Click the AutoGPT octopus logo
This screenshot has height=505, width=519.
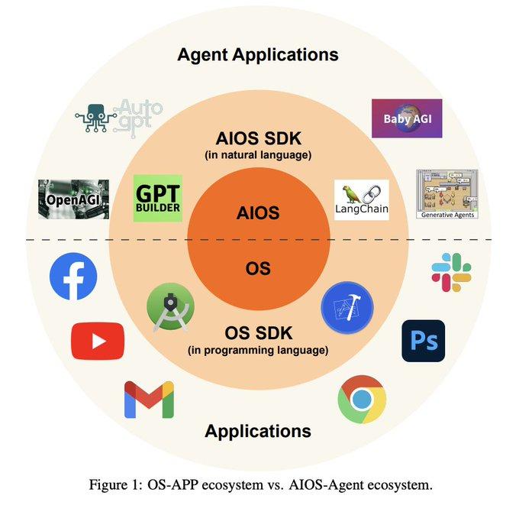[x=118, y=118]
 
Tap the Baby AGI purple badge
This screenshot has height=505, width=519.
[x=407, y=118]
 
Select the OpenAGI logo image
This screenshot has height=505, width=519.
[x=73, y=199]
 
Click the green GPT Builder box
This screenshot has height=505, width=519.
[x=158, y=199]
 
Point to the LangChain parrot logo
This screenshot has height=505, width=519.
[x=362, y=200]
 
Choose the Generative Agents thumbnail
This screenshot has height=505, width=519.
[x=446, y=194]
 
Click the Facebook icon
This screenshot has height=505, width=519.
[x=73, y=277]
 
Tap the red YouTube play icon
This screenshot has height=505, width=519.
[x=98, y=341]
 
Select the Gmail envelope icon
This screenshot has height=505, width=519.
[x=149, y=400]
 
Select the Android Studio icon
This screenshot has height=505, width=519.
[x=170, y=309]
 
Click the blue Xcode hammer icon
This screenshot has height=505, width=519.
[x=347, y=309]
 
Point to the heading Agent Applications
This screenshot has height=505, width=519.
[x=258, y=55]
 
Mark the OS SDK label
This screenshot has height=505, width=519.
[x=258, y=334]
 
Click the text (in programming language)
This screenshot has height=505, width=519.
[x=258, y=351]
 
